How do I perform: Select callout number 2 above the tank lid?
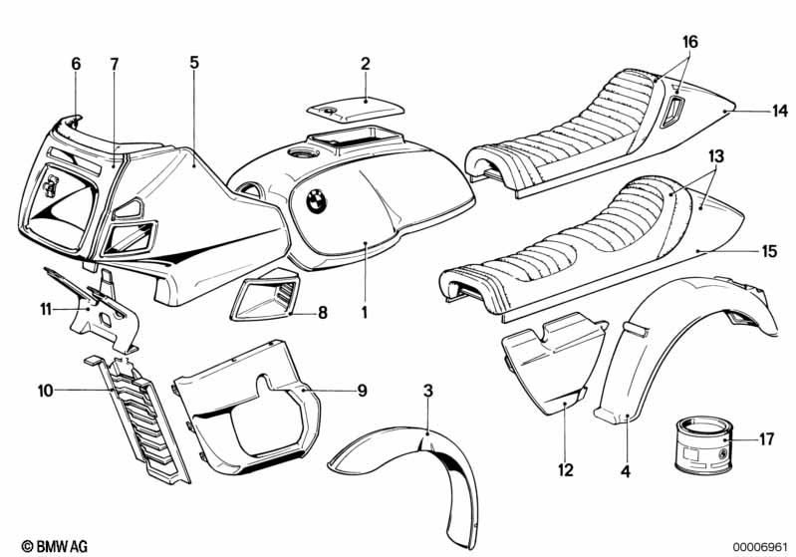coord(366,65)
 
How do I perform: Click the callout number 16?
coord(690,42)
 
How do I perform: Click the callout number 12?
coord(565,468)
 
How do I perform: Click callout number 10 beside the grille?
coord(46,390)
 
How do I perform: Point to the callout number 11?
coord(46,310)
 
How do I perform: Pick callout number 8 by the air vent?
coord(322,313)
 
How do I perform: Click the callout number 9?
coord(362,390)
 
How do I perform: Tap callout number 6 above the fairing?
coord(76,64)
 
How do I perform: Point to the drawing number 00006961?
coord(760,546)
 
